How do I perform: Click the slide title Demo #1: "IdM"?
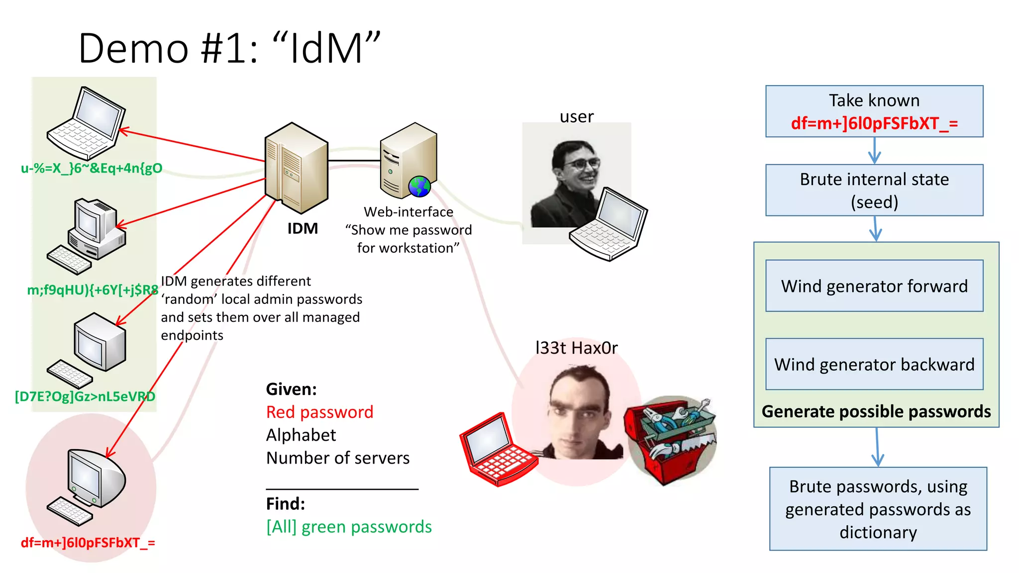coord(229,48)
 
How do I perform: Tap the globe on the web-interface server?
coord(419,187)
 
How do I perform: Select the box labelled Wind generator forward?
coord(874,286)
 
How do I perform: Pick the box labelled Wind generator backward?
coord(874,364)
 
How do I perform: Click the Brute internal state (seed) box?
coord(874,190)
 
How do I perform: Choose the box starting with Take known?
coord(874,111)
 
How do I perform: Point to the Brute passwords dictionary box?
coord(878,508)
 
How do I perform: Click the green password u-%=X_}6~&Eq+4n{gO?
coord(92,168)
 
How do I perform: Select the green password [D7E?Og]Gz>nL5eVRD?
coord(85,396)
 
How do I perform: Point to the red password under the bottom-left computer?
coord(88,543)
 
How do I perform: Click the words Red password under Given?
coord(319,412)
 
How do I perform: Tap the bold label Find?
coord(286,504)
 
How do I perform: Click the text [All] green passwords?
coord(349,527)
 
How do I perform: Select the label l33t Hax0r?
coord(576,348)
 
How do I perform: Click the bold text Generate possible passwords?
coord(876,412)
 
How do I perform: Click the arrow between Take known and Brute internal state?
coord(874,151)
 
